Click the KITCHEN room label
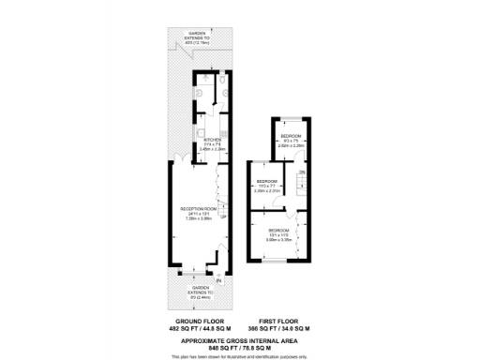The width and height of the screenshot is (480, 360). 210,139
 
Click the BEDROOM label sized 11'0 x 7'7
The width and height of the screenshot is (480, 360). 268,181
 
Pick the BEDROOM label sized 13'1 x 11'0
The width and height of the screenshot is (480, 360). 278,230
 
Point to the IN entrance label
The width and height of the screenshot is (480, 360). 218,281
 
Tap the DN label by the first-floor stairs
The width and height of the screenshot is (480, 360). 301,172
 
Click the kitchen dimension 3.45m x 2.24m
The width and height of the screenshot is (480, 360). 210,148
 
